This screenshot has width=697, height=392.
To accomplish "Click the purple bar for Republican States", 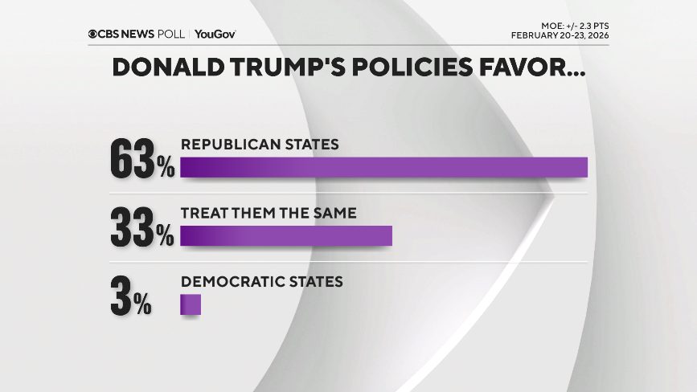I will [383, 167].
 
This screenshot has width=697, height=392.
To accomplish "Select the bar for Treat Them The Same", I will [285, 235].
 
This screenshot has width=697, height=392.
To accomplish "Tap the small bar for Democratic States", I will [190, 304].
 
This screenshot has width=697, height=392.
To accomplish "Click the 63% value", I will [141, 161].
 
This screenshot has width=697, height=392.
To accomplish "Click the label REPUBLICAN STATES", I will [260, 145].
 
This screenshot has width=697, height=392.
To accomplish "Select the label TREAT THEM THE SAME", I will [268, 214].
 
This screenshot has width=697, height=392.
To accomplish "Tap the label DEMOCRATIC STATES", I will [262, 282].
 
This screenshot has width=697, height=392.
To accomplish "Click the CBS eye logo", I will [93, 34].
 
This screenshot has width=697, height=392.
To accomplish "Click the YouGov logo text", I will [215, 34].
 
